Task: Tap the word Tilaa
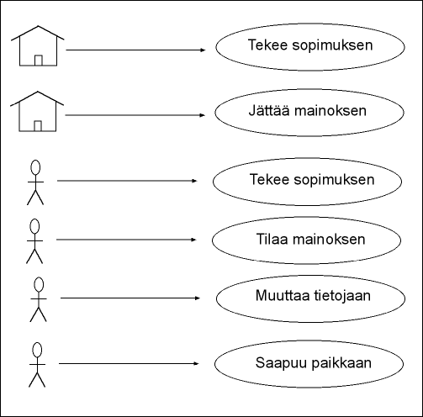(272, 240)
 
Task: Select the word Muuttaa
(283, 295)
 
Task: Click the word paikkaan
(341, 363)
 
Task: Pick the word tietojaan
(342, 296)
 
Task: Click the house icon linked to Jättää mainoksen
(37, 111)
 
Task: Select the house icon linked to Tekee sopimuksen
(38, 46)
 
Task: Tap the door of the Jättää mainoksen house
(38, 126)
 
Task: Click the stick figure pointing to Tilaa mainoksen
(34, 241)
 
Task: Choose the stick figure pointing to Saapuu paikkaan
(37, 365)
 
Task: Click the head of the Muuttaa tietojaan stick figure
(39, 284)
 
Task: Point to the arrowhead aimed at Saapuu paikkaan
(196, 364)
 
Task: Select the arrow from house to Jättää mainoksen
(135, 115)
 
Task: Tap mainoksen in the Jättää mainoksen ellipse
(330, 111)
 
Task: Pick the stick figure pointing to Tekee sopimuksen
(35, 182)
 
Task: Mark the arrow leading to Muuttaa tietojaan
(130, 298)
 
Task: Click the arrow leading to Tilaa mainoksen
(126, 240)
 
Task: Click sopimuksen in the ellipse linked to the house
(332, 46)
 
